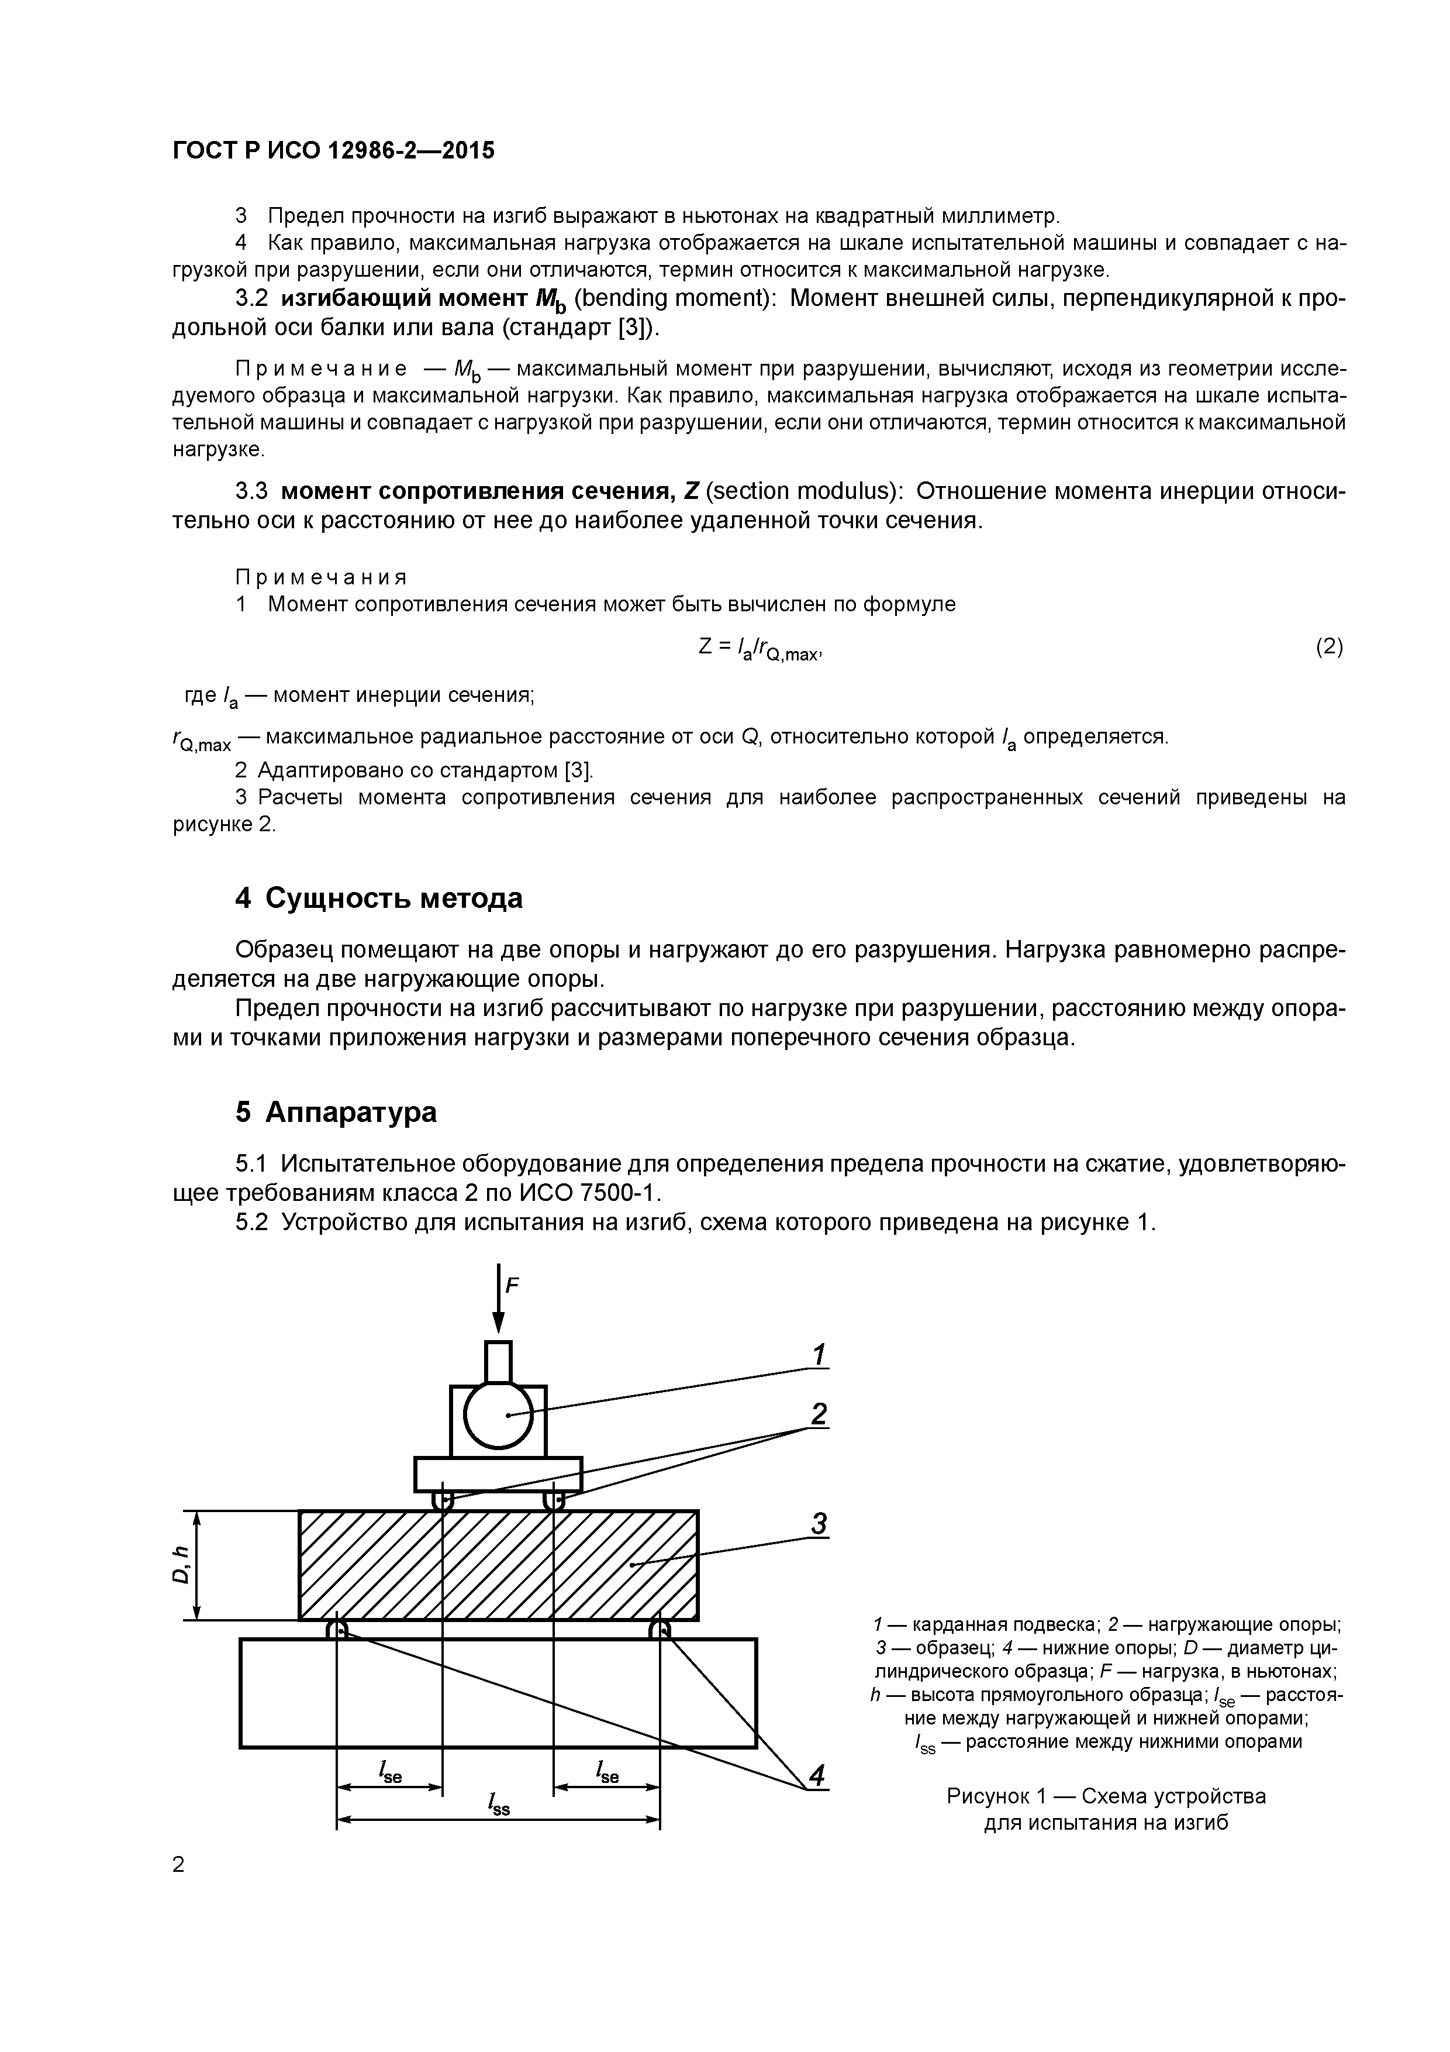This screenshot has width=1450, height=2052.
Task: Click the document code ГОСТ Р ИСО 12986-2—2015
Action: pos(333,151)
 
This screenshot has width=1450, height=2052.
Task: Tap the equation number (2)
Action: pos(1328,646)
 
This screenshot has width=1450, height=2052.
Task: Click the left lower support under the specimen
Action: pos(337,1629)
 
